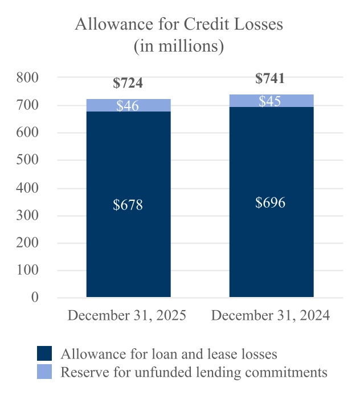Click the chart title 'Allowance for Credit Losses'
click(x=179, y=25)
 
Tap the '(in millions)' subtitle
click(x=179, y=46)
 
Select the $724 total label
click(x=128, y=83)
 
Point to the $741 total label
click(x=270, y=79)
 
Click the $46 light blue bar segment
click(x=128, y=105)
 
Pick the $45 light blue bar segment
click(x=271, y=101)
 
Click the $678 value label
click(x=128, y=205)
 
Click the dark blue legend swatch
click(x=44, y=354)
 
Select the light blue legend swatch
click(x=44, y=372)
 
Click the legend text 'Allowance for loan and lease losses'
click(x=169, y=354)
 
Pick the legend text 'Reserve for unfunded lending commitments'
click(x=194, y=372)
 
